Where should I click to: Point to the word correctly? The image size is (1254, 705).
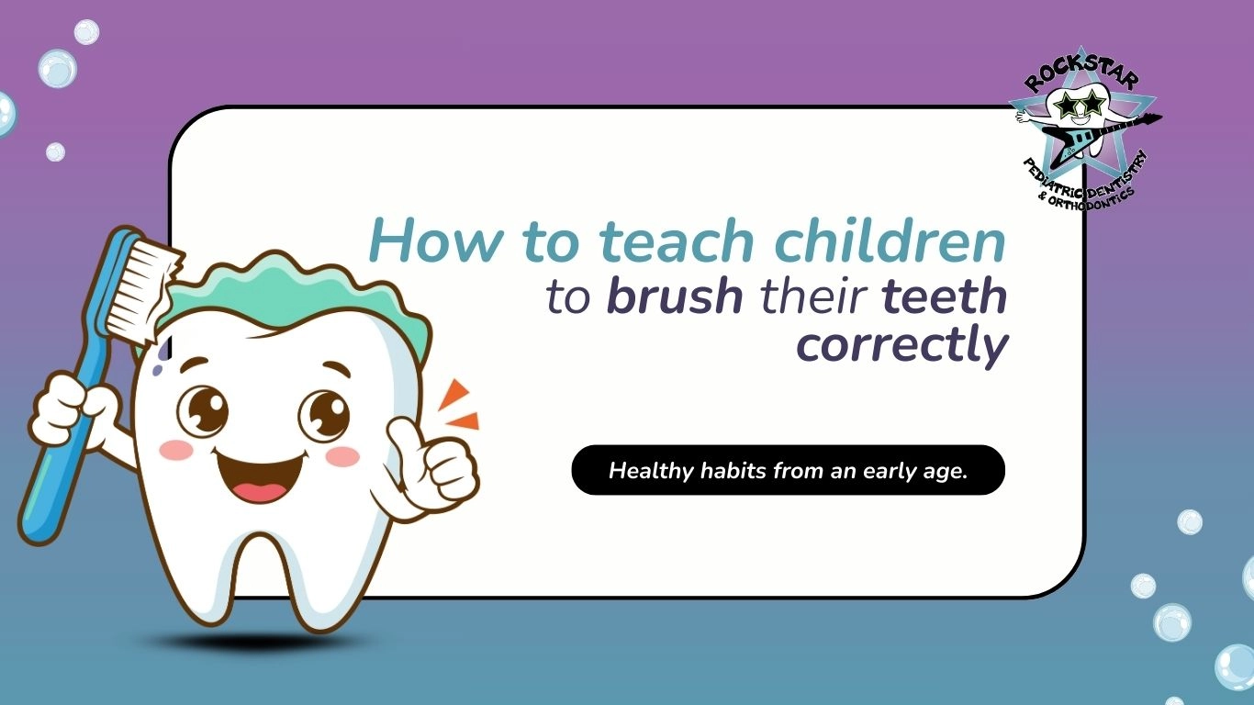(x=901, y=345)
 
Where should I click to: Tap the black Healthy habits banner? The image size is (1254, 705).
(x=789, y=470)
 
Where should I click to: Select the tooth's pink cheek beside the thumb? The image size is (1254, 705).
(x=342, y=457)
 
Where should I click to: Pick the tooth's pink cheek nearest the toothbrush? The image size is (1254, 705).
(x=175, y=450)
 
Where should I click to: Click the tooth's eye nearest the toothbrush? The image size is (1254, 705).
(x=203, y=411)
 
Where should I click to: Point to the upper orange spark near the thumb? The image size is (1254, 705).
(x=453, y=394)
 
